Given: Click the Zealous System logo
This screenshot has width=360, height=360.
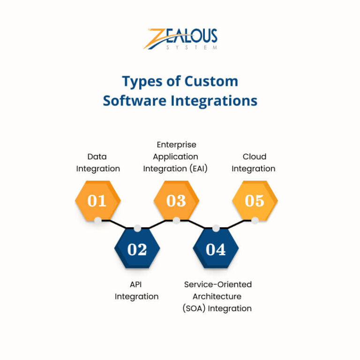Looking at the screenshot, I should pos(180,39).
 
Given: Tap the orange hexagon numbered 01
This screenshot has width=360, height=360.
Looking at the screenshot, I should pos(97,200).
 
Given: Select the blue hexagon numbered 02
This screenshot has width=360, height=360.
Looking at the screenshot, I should pos(137,249).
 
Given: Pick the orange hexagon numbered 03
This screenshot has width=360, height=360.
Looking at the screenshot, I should pos(176,200).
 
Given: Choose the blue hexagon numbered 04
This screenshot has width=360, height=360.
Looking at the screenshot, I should pos(216,249).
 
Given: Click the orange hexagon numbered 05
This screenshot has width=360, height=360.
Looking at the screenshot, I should pos(255,200).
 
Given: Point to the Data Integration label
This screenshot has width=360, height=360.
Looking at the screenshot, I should pos(98,162).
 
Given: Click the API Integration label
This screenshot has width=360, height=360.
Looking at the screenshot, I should pos(136,290).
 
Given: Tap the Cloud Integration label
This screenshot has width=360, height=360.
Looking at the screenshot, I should pos(254,162).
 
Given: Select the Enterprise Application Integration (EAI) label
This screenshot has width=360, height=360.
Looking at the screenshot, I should pos(176,156).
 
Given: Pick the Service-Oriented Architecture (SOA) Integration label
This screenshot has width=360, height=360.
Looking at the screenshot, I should pos(217,296).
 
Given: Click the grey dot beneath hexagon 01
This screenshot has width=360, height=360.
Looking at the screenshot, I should pos(97,220).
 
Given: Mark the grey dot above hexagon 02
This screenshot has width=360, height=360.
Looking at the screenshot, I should pos(137,228).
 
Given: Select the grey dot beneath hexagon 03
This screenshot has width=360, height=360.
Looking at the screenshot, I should pos(176,220).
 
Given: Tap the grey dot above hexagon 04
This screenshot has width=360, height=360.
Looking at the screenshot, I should pos(216,228).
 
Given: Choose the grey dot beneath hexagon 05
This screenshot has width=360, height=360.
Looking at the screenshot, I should pos(255,220).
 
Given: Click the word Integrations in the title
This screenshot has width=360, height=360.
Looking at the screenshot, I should pos(214,100).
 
